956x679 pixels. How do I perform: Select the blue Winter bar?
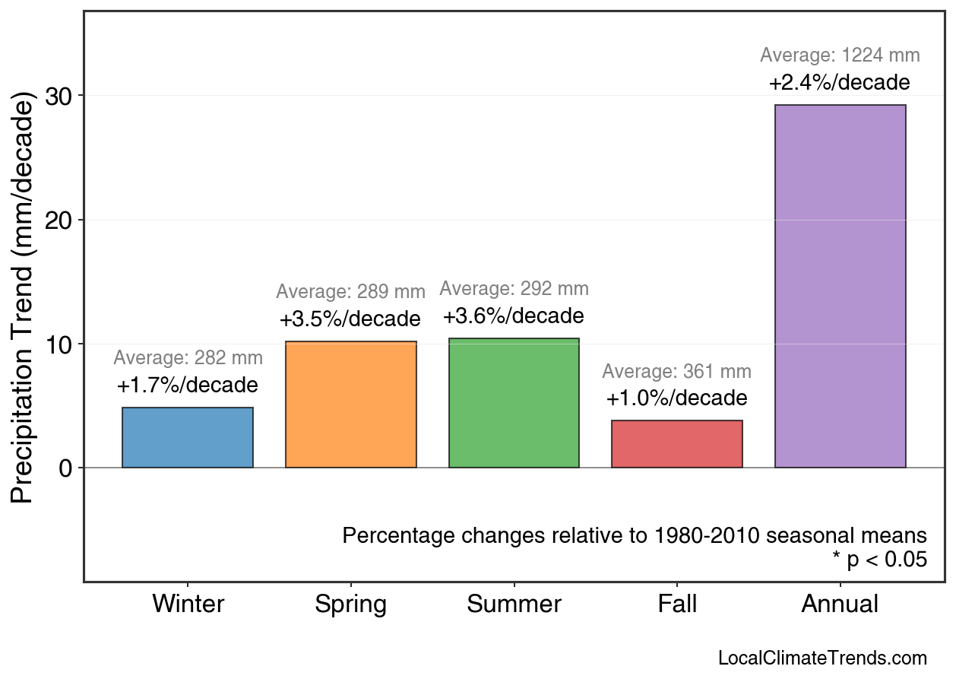(188, 437)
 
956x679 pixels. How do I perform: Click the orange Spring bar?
(351, 405)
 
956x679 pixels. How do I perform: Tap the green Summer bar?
(514, 403)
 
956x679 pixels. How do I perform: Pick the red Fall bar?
(677, 444)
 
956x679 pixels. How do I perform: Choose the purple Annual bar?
(840, 286)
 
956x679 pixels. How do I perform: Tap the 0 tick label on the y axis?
(66, 468)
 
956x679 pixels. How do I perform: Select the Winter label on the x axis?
(188, 604)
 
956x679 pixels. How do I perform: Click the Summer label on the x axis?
(514, 604)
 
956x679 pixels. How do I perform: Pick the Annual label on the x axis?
(840, 604)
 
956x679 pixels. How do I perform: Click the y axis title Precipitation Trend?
(24, 298)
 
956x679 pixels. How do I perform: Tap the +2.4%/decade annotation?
(839, 82)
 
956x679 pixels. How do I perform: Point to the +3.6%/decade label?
(514, 316)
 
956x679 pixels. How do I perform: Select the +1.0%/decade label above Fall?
(676, 398)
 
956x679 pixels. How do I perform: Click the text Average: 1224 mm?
(840, 56)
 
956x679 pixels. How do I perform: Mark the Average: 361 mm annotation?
(676, 372)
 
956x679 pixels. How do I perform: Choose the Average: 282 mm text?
(188, 358)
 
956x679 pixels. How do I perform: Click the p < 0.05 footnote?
(879, 560)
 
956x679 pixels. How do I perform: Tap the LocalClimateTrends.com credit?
(822, 658)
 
